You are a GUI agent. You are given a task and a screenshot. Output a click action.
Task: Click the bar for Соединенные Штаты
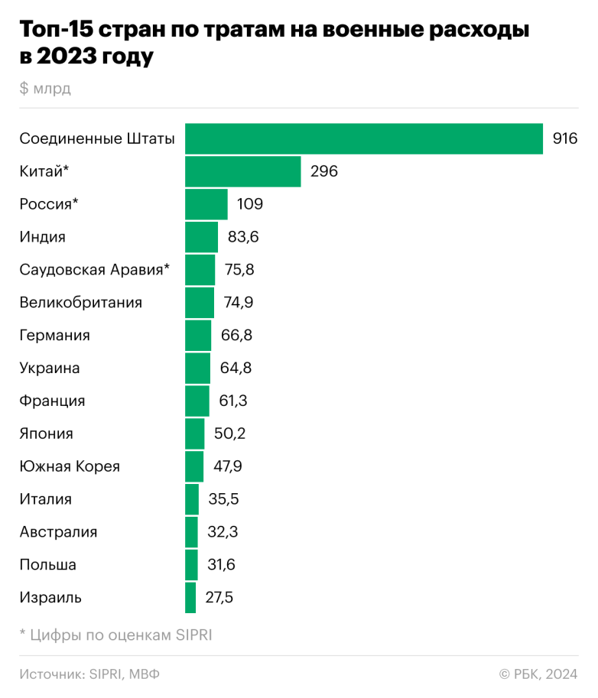tap(364, 139)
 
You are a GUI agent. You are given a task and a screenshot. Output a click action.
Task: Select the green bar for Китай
tap(243, 172)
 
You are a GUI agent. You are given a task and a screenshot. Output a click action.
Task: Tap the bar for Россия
tap(206, 205)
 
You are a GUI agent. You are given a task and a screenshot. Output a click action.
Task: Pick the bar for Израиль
tap(190, 597)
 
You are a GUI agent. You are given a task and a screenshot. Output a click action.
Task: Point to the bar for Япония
tap(195, 433)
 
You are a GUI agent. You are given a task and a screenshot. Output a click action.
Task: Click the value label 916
tap(564, 139)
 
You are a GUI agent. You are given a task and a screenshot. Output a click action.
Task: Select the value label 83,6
tap(243, 237)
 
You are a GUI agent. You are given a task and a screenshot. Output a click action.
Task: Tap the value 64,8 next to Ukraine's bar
tap(235, 368)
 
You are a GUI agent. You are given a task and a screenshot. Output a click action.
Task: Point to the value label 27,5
tap(219, 597)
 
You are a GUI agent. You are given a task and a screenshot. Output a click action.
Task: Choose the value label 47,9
tap(229, 466)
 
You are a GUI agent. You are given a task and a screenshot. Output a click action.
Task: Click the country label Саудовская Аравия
tap(93, 270)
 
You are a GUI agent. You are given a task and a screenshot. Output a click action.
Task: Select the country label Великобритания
tap(81, 303)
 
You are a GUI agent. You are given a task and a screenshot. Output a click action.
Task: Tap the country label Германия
tap(55, 336)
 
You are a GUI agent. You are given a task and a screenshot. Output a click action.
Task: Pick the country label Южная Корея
tap(70, 466)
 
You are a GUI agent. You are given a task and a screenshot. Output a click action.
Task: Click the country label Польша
tap(48, 565)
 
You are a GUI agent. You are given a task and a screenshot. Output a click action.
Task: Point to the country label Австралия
tap(59, 532)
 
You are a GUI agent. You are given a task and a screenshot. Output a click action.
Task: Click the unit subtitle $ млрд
tap(45, 89)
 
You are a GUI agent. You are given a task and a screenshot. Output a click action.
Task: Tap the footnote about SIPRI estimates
tap(115, 635)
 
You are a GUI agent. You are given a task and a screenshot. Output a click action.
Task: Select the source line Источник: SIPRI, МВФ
tap(89, 674)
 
